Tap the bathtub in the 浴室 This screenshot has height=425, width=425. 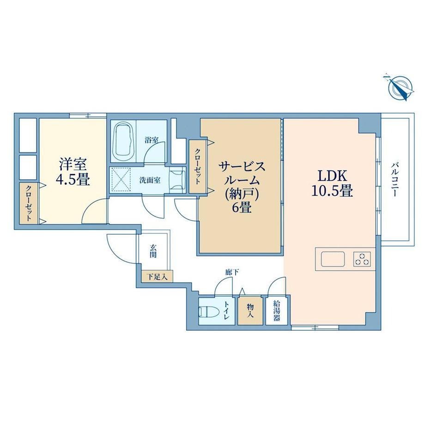[x=124, y=141]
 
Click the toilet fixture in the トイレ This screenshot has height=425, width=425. [x=208, y=311]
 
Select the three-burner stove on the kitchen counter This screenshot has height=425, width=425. [x=362, y=259]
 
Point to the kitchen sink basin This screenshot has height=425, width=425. [x=333, y=259]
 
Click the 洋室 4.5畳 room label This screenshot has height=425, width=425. [x=73, y=172]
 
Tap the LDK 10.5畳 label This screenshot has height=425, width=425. [x=332, y=183]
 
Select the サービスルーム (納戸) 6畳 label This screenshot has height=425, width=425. [x=242, y=187]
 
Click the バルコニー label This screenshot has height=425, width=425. [x=395, y=179]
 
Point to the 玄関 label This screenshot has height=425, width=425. [x=153, y=251]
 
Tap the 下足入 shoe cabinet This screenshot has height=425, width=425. [x=157, y=276]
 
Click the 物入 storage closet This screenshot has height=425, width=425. [x=250, y=311]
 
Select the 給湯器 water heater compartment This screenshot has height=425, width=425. [x=276, y=310]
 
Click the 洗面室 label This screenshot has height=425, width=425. [x=150, y=180]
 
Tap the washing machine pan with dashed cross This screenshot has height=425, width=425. [x=121, y=179]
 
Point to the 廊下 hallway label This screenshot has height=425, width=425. [x=232, y=272]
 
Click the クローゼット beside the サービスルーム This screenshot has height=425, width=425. [x=198, y=166]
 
